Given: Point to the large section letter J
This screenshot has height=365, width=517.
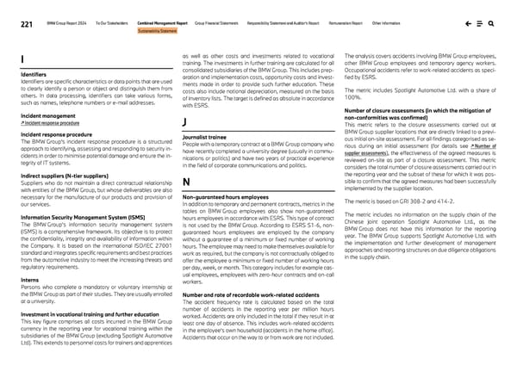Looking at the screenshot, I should tap(186, 123).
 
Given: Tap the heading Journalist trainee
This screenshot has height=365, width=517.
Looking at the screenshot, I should tap(206, 136).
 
